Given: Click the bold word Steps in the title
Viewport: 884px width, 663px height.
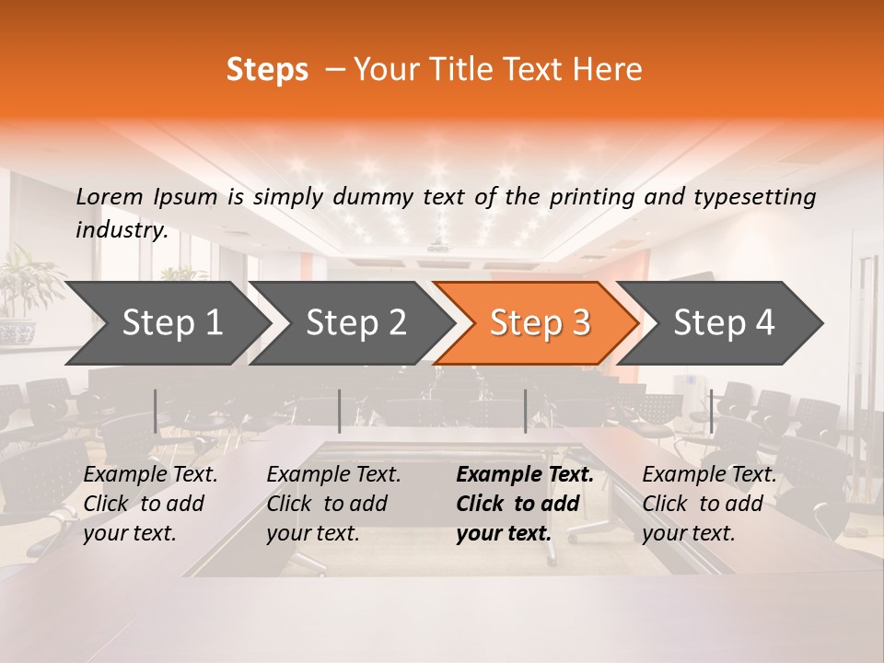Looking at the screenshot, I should (267, 70).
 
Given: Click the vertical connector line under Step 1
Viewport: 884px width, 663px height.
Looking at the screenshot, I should (156, 411).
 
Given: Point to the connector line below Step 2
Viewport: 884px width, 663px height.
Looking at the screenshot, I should (340, 411).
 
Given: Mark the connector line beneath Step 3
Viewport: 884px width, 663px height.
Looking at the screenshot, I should (525, 411).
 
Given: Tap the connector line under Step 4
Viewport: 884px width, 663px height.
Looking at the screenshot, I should (711, 411).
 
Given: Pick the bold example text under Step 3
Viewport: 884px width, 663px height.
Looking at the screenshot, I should (524, 504).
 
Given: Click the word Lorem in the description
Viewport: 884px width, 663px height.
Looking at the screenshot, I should (110, 196).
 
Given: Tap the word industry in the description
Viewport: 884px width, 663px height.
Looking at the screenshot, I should (121, 229).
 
